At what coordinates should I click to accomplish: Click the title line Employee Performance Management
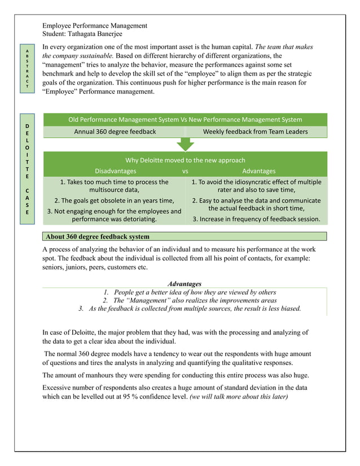pos(95,25)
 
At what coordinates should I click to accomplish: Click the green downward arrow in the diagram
pos(185,144)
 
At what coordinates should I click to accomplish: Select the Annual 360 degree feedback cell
pos(115,132)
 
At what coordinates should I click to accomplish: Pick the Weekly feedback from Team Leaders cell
pos(255,132)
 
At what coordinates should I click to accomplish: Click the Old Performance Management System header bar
pos(185,120)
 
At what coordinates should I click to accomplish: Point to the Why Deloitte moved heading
pos(185,160)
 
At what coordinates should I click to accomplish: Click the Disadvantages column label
pos(115,171)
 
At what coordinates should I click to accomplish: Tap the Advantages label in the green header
pos(258,171)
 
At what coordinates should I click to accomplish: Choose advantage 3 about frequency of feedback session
pos(256,219)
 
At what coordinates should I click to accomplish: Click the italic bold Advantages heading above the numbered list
pos(185,283)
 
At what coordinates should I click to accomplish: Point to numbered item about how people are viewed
pos(190,292)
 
